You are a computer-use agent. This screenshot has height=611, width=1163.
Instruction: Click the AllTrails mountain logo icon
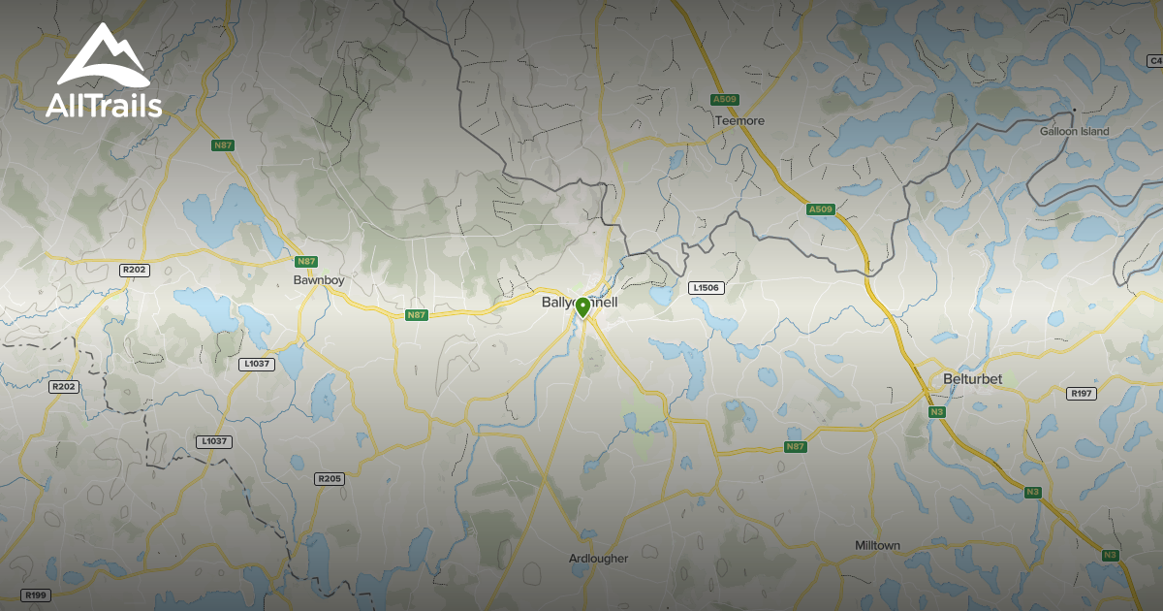click(x=102, y=56)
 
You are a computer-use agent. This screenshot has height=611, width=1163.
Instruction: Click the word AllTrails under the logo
click(x=103, y=106)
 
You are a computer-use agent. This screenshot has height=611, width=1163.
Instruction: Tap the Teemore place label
click(x=739, y=121)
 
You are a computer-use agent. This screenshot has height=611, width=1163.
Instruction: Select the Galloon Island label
click(x=1074, y=131)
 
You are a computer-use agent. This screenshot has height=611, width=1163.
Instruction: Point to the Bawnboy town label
click(x=319, y=280)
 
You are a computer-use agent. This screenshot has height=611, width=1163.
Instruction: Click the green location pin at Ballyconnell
click(x=582, y=308)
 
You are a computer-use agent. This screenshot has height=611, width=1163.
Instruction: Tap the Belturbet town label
click(x=972, y=378)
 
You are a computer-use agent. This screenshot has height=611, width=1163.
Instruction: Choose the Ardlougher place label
click(x=598, y=559)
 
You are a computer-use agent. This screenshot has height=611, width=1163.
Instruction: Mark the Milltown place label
click(x=877, y=546)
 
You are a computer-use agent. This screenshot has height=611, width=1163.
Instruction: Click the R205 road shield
click(x=330, y=479)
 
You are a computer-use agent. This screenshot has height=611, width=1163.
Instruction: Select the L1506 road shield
click(x=707, y=288)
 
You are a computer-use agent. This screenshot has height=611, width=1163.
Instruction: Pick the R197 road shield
click(x=1080, y=394)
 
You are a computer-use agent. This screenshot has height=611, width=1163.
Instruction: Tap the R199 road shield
click(x=36, y=595)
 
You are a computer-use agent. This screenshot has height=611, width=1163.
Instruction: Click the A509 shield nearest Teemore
click(x=724, y=99)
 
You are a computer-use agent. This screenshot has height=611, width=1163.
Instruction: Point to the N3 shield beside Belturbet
click(x=936, y=412)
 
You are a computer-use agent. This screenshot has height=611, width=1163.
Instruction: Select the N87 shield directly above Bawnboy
click(x=306, y=262)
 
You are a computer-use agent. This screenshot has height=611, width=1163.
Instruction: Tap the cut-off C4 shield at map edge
click(x=1154, y=61)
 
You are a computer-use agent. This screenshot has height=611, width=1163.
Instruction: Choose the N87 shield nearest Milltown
click(x=795, y=447)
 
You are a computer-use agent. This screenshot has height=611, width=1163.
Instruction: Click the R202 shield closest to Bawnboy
click(x=135, y=270)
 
